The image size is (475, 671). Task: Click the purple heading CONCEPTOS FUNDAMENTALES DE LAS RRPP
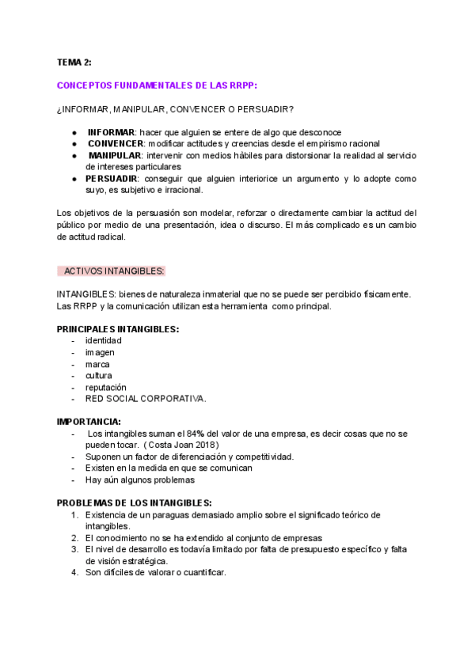157,85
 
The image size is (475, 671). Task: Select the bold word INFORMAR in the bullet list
110,131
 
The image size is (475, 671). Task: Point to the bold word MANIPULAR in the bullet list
114,155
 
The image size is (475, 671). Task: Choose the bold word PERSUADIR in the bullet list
111,179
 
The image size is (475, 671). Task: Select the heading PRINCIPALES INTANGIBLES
117,328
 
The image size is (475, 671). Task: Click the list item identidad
104,340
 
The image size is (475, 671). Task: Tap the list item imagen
100,352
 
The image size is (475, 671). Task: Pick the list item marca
97,364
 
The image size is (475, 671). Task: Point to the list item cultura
99,375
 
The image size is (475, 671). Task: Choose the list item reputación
106,387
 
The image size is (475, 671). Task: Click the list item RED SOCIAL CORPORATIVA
146,399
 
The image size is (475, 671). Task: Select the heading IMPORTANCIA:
89,422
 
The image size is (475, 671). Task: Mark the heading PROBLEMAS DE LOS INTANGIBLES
134,502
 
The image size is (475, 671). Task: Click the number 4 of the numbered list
74,572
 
